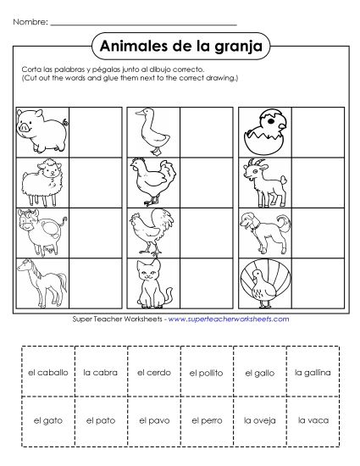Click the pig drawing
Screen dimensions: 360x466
pyautogui.click(x=42, y=129)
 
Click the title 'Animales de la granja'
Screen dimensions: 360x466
pyautogui.click(x=179, y=44)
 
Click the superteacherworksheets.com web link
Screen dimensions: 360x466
pyautogui.click(x=228, y=319)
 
